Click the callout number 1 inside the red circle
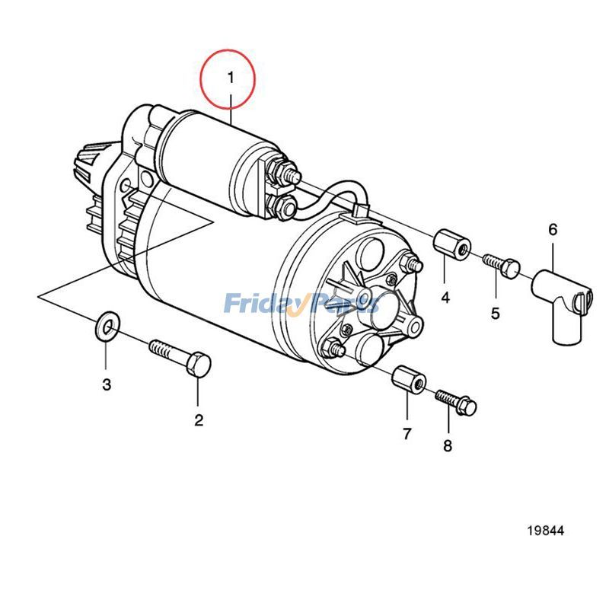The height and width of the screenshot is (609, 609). pyautogui.click(x=229, y=77)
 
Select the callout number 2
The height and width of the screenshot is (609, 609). pyautogui.click(x=199, y=419)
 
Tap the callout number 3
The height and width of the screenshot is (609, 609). pyautogui.click(x=107, y=384)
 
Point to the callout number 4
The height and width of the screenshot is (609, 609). pyautogui.click(x=445, y=297)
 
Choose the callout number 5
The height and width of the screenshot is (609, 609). pyautogui.click(x=495, y=313)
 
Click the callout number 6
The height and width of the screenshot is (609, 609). pyautogui.click(x=553, y=229)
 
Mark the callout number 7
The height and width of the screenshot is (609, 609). pyautogui.click(x=407, y=434)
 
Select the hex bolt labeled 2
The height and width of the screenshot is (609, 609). pyautogui.click(x=183, y=358)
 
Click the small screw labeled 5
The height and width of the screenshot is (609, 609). pyautogui.click(x=502, y=266)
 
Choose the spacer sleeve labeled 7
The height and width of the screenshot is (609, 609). pyautogui.click(x=408, y=378)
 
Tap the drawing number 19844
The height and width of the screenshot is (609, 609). pyautogui.click(x=545, y=531)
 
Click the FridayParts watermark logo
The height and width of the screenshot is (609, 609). pyautogui.click(x=301, y=304)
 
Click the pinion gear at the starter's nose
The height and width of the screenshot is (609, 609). pyautogui.click(x=91, y=163)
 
